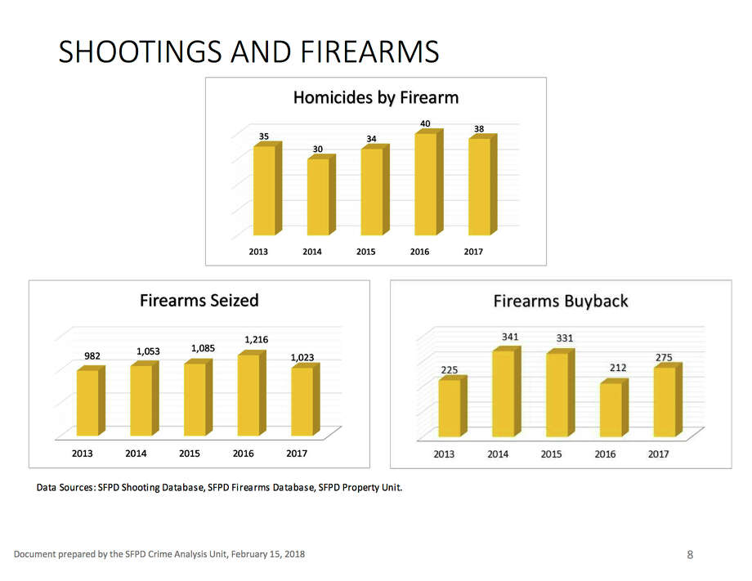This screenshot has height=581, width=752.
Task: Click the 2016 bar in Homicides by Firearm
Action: click(425, 184)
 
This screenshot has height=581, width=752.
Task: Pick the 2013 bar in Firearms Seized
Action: click(87, 403)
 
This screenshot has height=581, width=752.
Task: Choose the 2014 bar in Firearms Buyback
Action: click(504, 394)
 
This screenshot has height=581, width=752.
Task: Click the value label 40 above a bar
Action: click(425, 123)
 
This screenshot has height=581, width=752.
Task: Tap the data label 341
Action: click(509, 336)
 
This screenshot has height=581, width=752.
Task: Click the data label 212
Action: click(617, 368)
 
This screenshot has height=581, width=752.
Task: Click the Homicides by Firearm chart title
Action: click(375, 98)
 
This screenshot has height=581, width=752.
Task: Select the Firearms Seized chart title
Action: click(199, 300)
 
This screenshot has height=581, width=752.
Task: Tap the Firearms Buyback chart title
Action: click(561, 302)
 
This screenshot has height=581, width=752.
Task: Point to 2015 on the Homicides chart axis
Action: click(365, 252)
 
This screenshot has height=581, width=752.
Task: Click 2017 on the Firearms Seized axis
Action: click(297, 453)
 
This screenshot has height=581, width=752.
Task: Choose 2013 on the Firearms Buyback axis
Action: click(444, 454)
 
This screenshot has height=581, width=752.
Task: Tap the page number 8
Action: click(690, 555)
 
